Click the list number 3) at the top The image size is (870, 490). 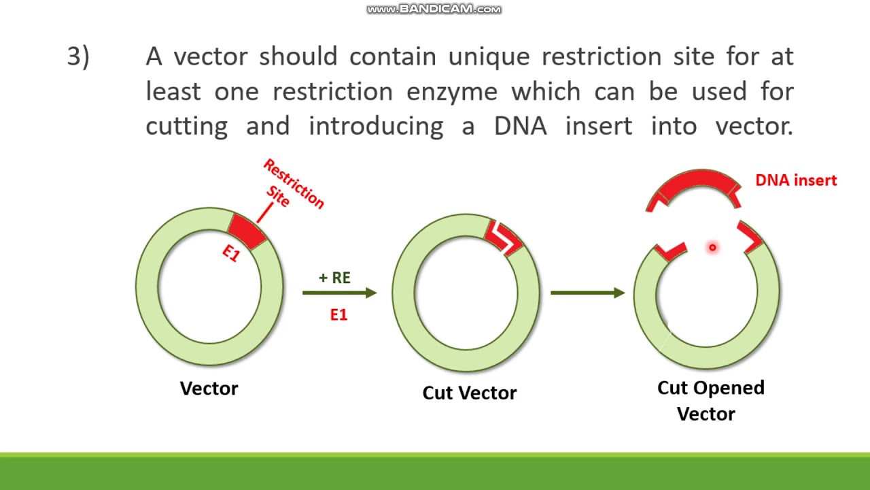coord(78,57)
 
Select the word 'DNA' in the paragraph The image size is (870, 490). coord(520,126)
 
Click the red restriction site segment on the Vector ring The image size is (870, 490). coord(247,229)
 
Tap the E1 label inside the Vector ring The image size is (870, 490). coord(232,254)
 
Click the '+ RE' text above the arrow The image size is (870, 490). coord(334,278)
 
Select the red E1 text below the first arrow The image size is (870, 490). coord(338,314)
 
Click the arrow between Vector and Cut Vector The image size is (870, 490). coord(339,293)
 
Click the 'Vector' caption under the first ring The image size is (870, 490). coord(209,389)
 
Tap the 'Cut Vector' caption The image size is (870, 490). coord(469,393)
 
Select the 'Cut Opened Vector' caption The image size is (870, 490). coord(710,400)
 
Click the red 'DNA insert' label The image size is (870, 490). coord(796,180)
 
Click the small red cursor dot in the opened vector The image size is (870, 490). coord(712,248)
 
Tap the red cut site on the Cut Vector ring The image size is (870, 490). coord(504,235)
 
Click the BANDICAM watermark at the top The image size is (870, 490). coord(434,9)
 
